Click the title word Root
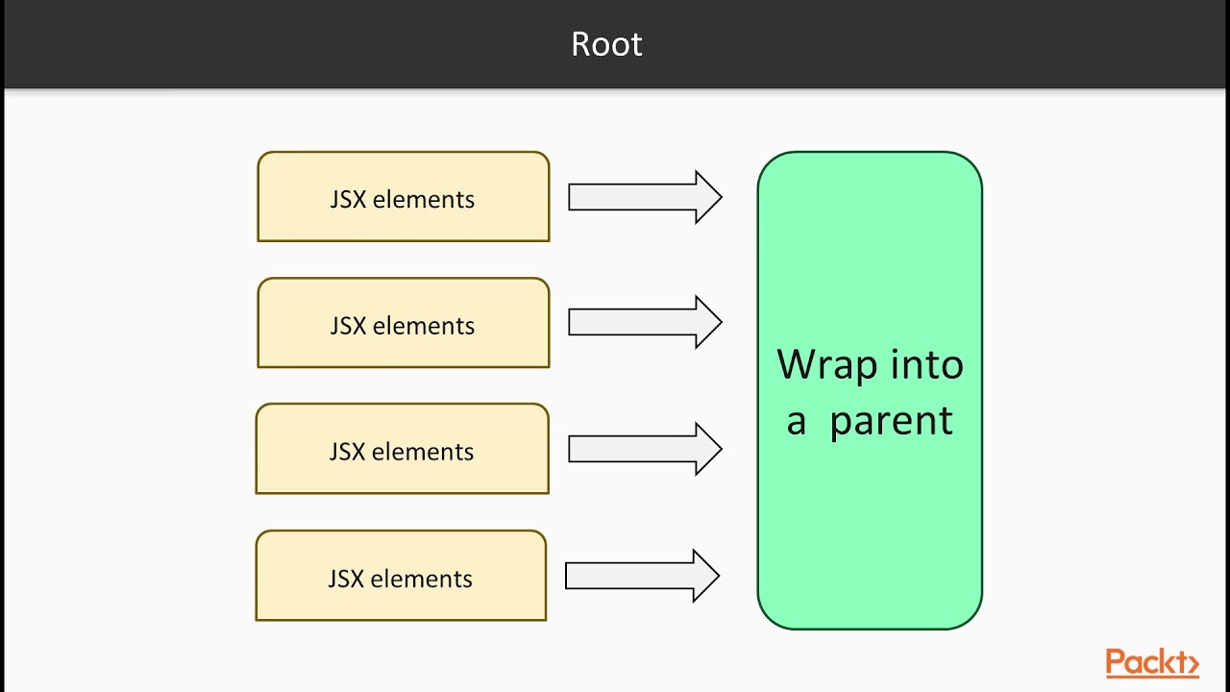point(606,44)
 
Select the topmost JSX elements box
point(403,197)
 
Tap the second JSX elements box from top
point(403,323)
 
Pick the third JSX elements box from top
point(402,449)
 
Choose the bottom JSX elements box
point(401,576)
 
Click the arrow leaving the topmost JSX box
point(644,197)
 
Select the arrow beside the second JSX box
point(644,323)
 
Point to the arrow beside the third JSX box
point(644,449)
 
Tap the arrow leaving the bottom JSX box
point(642,576)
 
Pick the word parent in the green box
point(891,421)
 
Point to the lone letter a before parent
point(796,423)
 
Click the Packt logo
point(1151,663)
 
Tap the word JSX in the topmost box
point(348,200)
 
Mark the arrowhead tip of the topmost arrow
point(720,197)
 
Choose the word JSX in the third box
point(347,452)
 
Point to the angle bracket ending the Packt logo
point(1193,664)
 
